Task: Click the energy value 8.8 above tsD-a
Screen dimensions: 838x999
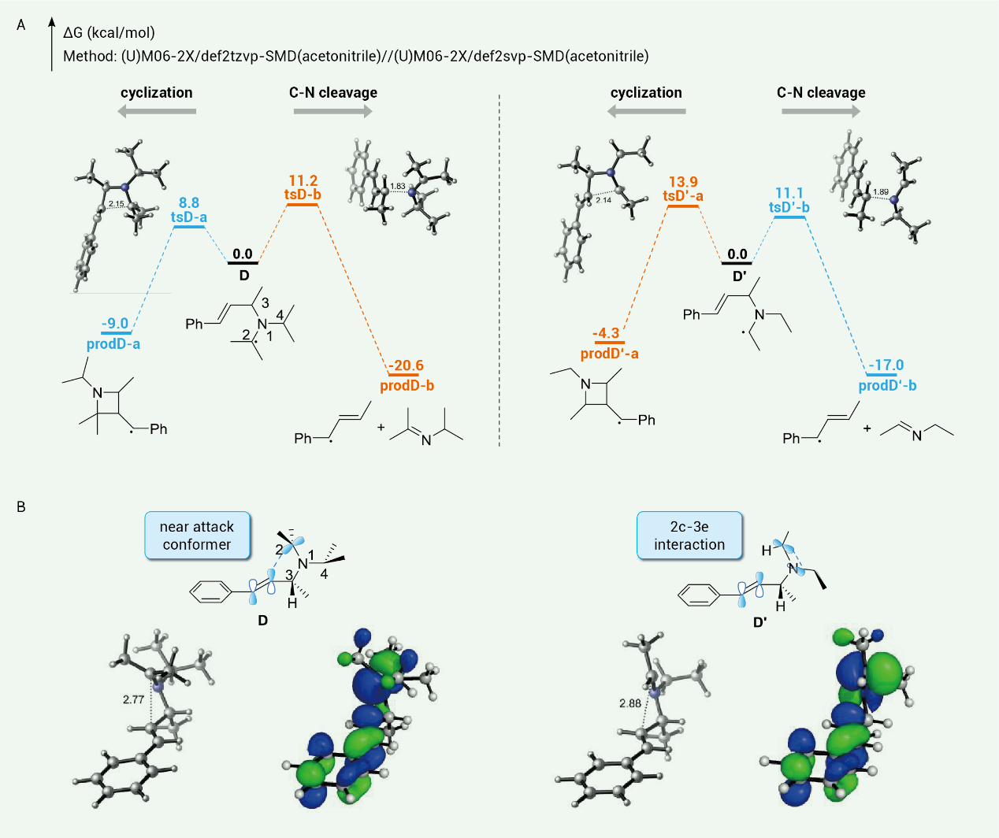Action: pos(189,203)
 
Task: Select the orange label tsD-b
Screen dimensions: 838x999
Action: pos(303,195)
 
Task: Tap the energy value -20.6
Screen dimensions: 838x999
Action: pos(406,365)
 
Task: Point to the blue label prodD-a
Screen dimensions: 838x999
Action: pos(113,344)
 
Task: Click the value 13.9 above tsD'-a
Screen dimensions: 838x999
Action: pos(683,182)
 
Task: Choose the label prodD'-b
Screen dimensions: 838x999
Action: pos(887,386)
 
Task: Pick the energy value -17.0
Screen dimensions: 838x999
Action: pos(886,365)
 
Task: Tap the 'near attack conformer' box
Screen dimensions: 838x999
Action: pos(197,536)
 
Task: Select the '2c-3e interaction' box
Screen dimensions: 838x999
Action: pos(689,536)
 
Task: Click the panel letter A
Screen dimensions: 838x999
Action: pos(21,25)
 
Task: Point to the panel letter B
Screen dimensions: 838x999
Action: pos(21,507)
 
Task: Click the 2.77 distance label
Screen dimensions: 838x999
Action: pos(134,699)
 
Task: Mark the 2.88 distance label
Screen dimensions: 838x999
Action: pos(630,703)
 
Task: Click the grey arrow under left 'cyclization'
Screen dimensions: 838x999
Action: pos(157,112)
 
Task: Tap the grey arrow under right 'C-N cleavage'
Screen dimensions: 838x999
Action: pos(821,112)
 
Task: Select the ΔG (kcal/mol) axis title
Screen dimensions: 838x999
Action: pos(109,33)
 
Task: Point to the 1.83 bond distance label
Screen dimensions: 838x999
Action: pos(397,187)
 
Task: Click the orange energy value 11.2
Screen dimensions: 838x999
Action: pos(303,181)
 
